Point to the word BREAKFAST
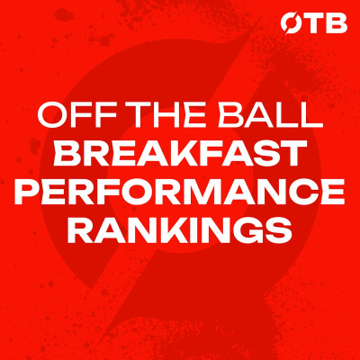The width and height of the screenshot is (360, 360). pos(180,156)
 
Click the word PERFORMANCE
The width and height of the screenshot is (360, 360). pos(180,193)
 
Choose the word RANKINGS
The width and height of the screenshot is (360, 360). pos(180,231)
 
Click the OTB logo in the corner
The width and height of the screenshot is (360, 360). pos(314,24)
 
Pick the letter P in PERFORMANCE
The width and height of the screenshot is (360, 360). pos(31,193)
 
